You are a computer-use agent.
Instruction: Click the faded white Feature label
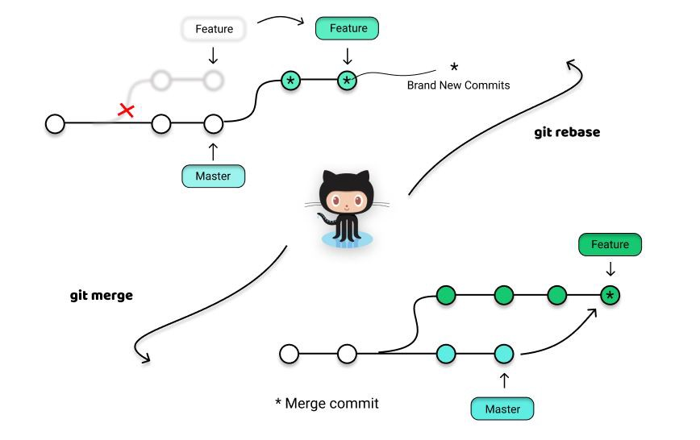point(214,30)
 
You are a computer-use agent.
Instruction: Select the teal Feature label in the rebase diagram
point(346,29)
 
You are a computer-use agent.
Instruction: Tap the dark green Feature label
point(610,245)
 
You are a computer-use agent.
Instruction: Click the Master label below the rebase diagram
point(213,175)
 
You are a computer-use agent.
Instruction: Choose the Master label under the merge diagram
point(502,409)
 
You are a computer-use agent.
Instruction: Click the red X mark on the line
point(126,110)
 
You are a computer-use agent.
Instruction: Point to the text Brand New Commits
point(458,85)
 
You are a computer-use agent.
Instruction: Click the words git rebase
point(567,132)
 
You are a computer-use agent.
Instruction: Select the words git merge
point(101,296)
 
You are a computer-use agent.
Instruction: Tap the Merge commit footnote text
point(326,403)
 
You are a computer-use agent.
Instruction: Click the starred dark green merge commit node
point(610,296)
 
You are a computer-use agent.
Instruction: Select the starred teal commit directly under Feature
point(347,81)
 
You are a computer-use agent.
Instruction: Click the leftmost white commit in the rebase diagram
point(54,124)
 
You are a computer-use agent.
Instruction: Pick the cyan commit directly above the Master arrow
point(504,353)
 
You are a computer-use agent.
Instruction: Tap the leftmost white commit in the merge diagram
point(289,353)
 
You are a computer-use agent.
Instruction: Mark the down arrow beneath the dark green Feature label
point(610,268)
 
